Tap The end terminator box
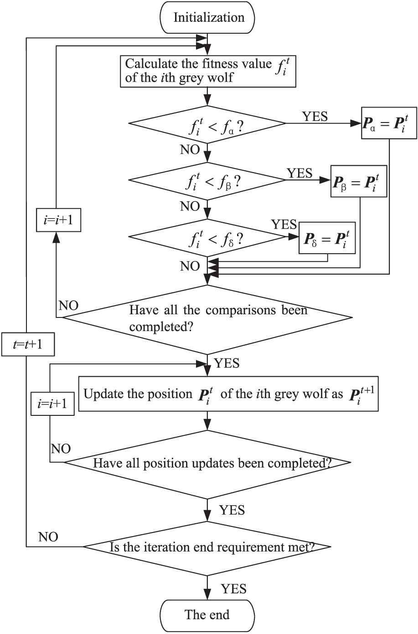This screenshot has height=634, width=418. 207,615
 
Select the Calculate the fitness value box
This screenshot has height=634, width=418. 207,71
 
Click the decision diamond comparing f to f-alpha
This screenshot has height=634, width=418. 207,123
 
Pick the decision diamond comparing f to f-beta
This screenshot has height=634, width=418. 207,181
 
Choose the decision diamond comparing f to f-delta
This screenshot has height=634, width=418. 207,237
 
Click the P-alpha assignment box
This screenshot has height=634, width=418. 389,123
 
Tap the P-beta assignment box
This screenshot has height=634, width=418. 359,180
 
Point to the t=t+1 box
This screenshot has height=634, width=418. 28,344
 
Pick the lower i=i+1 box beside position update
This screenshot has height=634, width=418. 53,404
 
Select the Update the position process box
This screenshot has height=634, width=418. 228,394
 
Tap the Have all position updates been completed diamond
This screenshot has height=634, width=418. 207,463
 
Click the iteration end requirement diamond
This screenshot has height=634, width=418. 207,547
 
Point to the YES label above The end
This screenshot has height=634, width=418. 233,589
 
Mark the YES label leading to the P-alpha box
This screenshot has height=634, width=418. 315,117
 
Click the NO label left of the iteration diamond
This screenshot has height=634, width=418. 48,537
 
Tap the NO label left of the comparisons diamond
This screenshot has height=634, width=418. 68,306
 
